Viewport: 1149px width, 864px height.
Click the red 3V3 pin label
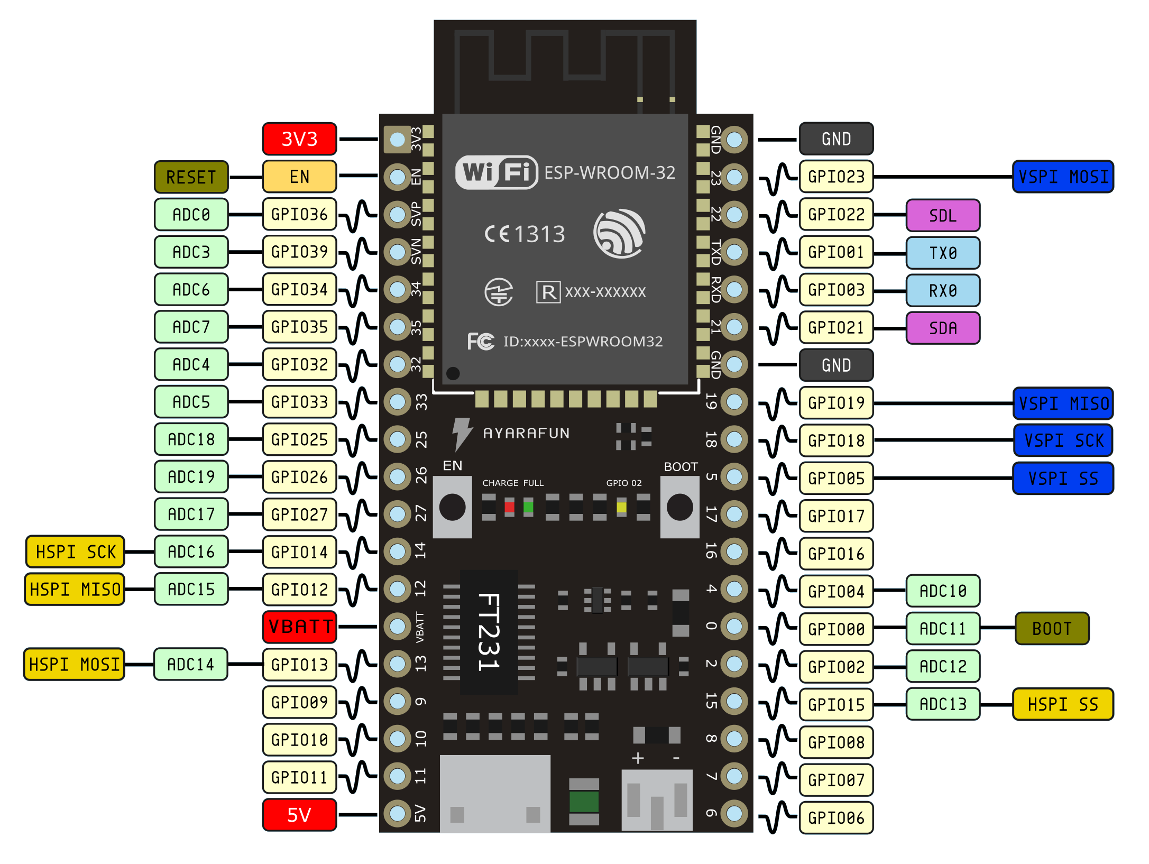coord(299,139)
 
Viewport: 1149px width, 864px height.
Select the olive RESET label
coord(191,177)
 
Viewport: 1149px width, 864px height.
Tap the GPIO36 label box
coord(299,215)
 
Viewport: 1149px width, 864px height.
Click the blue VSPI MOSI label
coord(1063,177)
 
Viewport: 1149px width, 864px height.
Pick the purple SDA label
coord(943,328)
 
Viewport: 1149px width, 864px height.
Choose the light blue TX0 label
coord(943,253)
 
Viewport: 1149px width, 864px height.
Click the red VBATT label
coord(299,627)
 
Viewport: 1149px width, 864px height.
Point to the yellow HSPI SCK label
coord(75,552)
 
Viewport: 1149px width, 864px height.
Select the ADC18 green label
coord(191,439)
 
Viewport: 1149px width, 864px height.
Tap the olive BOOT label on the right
coord(1052,629)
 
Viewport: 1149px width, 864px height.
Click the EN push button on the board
coord(452,507)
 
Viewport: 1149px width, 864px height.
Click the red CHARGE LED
coord(509,507)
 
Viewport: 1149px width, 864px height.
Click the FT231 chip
coord(489,632)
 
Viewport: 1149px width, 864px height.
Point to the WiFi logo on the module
coord(497,172)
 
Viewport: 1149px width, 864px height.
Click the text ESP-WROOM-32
coord(610,173)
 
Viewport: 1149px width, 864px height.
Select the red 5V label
coord(299,815)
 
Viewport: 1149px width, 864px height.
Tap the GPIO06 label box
coord(836,818)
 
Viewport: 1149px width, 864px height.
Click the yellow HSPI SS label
coord(1063,704)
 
